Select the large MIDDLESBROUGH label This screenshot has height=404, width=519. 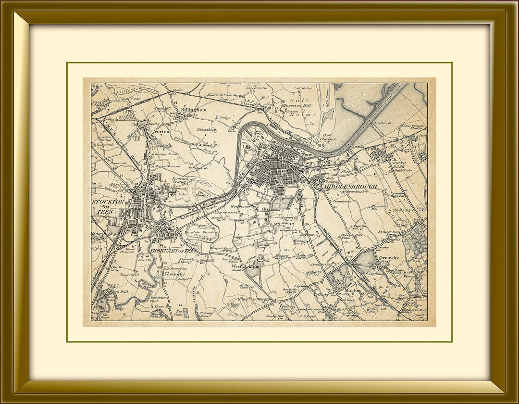click(350, 186)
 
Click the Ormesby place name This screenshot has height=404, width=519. click(389, 258)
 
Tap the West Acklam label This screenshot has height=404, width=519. click(245, 266)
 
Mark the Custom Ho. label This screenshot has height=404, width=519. click(383, 123)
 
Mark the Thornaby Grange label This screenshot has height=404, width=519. click(187, 261)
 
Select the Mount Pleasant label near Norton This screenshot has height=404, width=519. click(168, 166)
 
